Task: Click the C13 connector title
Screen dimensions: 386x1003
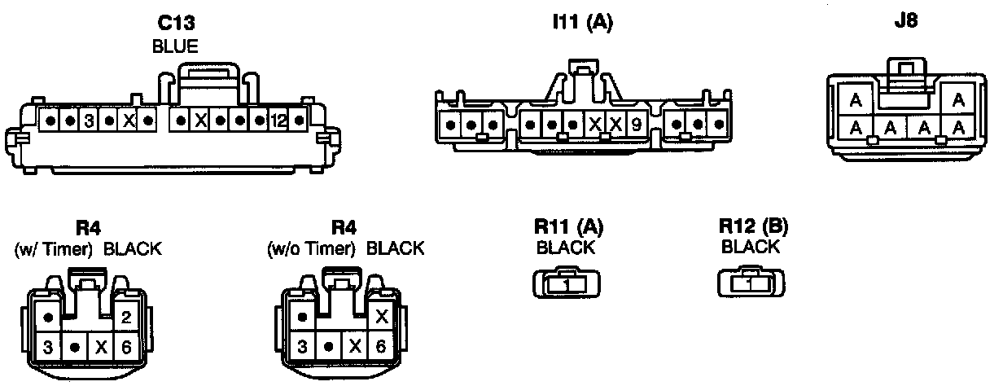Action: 176,24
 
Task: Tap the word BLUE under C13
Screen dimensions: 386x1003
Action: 176,46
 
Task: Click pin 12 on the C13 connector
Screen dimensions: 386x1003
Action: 279,122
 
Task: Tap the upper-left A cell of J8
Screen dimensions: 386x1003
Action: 856,102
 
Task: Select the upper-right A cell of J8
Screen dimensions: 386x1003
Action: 958,100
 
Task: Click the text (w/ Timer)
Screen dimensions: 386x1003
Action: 54,249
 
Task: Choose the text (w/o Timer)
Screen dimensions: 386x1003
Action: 313,249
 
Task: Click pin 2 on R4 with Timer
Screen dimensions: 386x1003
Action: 125,317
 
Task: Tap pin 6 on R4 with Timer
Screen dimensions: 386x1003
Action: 125,346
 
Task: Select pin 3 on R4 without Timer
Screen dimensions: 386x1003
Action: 302,346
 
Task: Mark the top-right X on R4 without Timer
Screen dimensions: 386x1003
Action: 379,317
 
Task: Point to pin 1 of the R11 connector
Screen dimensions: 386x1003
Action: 568,285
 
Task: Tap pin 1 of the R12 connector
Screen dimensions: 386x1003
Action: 752,284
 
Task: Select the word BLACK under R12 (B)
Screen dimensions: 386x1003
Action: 750,247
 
